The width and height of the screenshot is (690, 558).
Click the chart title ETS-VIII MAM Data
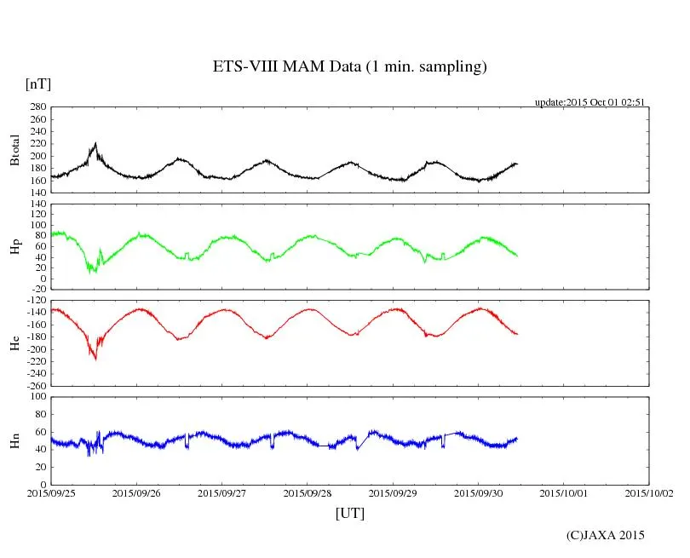(349, 67)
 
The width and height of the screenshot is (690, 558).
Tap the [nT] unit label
(37, 84)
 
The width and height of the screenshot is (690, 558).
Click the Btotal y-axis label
(14, 150)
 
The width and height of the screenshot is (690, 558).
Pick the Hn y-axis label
(14, 440)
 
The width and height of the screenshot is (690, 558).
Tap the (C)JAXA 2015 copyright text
(606, 535)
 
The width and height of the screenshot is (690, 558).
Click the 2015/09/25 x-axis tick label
(51, 492)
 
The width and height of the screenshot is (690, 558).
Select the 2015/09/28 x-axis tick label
(308, 492)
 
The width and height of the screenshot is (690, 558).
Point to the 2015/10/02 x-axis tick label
(649, 492)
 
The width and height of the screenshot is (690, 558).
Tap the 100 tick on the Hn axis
(37, 396)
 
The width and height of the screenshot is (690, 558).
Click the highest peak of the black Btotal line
(96, 143)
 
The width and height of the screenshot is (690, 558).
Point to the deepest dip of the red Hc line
(95, 360)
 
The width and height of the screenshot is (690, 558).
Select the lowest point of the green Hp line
(89, 272)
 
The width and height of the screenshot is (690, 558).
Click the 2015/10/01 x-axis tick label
(564, 492)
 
